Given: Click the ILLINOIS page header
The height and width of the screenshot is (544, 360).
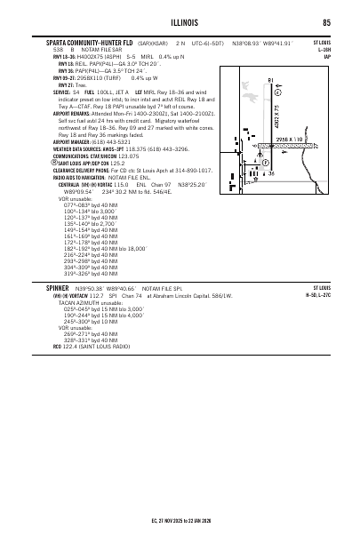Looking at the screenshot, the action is pyautogui.click(x=180, y=23).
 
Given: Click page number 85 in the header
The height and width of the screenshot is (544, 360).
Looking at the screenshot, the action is pyautogui.click(x=326, y=23).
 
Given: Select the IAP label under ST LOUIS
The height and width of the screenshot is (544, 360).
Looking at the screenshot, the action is pyautogui.click(x=327, y=56).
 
